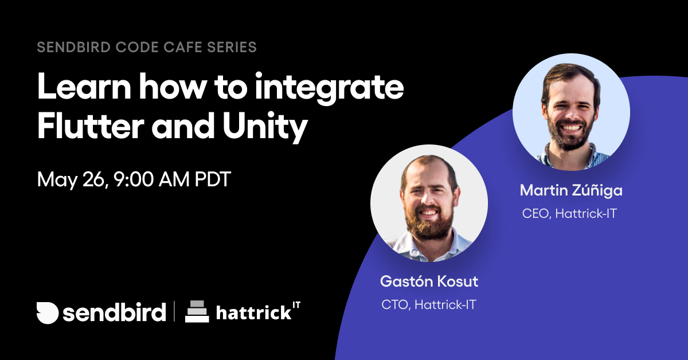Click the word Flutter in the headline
[91, 126]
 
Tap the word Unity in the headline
[265, 127]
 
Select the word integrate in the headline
[329, 88]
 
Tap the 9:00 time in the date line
[133, 179]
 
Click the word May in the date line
[57, 180]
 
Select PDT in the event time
[213, 179]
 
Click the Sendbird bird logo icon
[47, 312]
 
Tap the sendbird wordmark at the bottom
[114, 312]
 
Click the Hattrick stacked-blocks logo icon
[197, 311]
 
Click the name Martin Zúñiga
[571, 190]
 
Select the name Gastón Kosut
[429, 281]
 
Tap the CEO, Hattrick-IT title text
[569, 213]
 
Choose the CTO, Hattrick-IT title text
[429, 304]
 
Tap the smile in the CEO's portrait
[570, 127]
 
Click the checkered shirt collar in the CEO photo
[571, 156]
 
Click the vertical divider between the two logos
[174, 311]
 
